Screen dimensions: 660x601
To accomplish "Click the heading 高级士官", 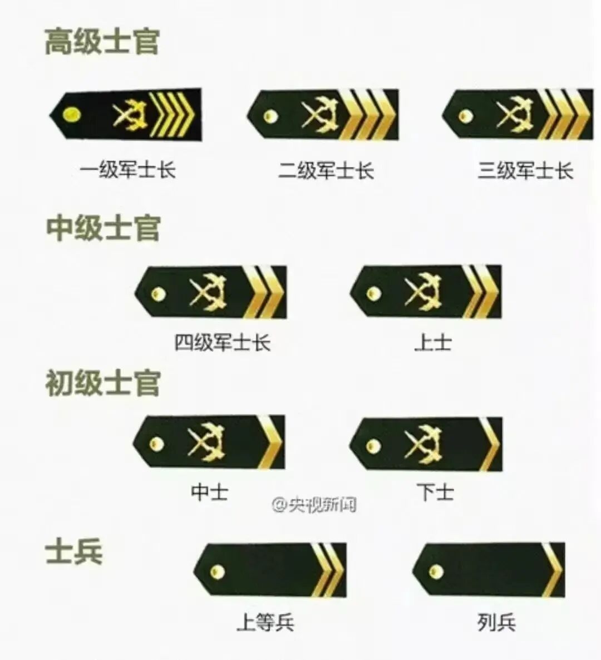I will click(x=102, y=42).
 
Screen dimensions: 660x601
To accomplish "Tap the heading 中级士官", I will click(x=104, y=228).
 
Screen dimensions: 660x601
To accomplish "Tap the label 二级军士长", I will click(x=326, y=170).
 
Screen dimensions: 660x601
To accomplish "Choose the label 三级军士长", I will click(x=525, y=170).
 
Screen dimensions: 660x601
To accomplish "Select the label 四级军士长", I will click(x=223, y=342).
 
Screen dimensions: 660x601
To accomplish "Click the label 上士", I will click(x=433, y=342).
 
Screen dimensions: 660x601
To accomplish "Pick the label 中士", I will click(x=209, y=492).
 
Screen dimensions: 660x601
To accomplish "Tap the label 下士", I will click(x=435, y=492).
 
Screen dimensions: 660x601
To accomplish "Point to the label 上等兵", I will click(x=265, y=621).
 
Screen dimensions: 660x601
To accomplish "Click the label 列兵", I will click(x=496, y=621).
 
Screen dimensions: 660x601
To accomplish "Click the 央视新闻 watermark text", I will click(x=314, y=505).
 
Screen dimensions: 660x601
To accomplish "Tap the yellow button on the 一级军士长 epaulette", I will click(x=73, y=115).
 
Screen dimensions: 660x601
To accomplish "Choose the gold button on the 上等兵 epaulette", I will click(x=217, y=570).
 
